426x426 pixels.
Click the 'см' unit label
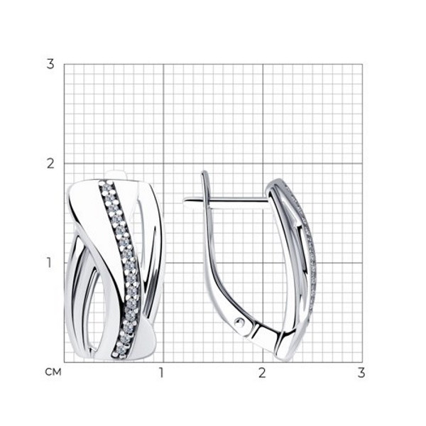pyautogui.click(x=53, y=372)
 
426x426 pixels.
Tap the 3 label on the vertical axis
pyautogui.click(x=50, y=65)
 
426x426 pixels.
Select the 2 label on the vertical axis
pyautogui.click(x=50, y=164)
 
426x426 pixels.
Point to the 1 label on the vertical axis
pyautogui.click(x=49, y=263)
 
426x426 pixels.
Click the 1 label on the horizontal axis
pyautogui.click(x=162, y=373)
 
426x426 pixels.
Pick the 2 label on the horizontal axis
pyautogui.click(x=261, y=373)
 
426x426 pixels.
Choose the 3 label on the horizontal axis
pyautogui.click(x=361, y=373)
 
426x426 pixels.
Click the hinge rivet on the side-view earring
pyautogui.click(x=239, y=322)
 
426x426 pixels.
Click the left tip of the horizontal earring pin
pyautogui.click(x=184, y=201)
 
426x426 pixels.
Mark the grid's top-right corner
pyautogui.click(x=362, y=64)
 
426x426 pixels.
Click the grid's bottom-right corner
pyautogui.click(x=362, y=362)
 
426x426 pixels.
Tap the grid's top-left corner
pyautogui.click(x=64, y=64)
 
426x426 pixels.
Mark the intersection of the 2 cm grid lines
pyautogui.click(x=263, y=163)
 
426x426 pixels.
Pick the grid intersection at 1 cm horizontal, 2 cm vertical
pyautogui.click(x=163, y=163)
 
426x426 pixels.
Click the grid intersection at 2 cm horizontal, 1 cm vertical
pyautogui.click(x=263, y=263)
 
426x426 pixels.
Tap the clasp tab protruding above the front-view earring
pyautogui.click(x=116, y=175)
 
